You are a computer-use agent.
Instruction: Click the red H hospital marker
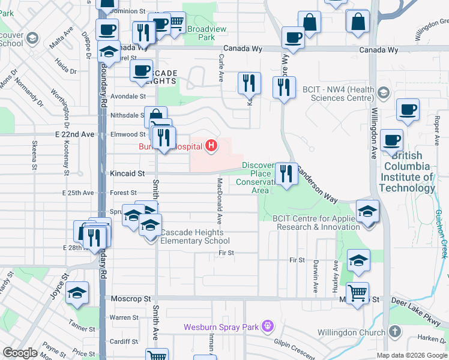pos(211,145)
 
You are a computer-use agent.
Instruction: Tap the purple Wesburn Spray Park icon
pos(268,327)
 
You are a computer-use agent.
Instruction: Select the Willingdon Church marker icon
pos(394,332)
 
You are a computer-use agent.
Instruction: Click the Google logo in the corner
pos(20,353)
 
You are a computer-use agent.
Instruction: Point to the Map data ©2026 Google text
pos(412,355)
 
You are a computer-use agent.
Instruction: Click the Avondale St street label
pos(128,96)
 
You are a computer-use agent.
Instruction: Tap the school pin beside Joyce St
pos(77,293)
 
